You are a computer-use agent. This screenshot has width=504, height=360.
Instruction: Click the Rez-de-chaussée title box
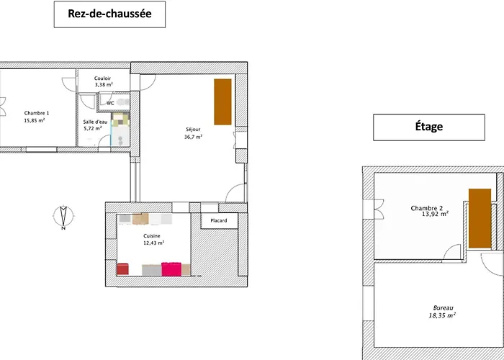coord(109,14)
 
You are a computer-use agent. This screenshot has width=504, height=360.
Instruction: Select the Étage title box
coord(428,127)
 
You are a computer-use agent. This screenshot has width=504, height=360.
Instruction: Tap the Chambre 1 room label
coord(37,113)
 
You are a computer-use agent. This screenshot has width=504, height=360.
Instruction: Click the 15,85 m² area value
coord(35,120)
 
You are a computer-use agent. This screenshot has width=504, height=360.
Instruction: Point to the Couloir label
coord(102,78)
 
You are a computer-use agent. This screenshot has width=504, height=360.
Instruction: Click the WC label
coord(110,103)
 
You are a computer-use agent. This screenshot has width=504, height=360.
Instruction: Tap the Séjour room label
coord(193,130)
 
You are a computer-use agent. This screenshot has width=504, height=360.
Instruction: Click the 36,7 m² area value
coord(193,137)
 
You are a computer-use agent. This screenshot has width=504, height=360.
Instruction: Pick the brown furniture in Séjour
coord(222,102)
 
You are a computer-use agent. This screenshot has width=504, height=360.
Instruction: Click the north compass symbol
coord(64,217)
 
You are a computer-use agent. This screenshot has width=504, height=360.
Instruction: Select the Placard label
coord(218,220)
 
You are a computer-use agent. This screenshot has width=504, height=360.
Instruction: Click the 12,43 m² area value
coord(153,243)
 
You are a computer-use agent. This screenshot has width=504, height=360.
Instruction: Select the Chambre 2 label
coord(426,208)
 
